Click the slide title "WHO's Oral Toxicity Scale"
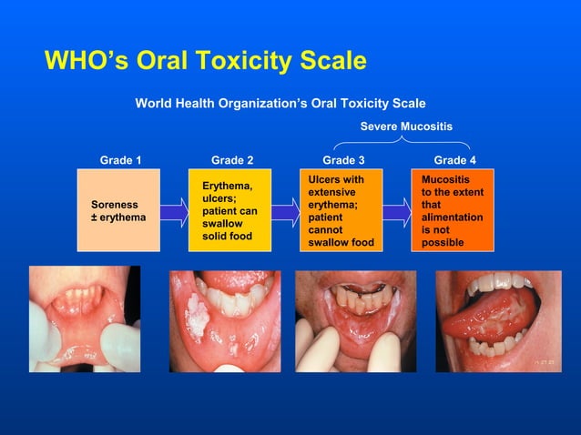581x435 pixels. [205, 62]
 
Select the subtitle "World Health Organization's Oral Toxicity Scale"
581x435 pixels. [280, 103]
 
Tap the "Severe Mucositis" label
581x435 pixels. [406, 126]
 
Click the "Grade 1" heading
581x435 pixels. [120, 160]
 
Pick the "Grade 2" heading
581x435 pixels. [232, 160]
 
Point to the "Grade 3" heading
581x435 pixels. [343, 160]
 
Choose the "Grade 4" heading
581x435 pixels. [454, 160]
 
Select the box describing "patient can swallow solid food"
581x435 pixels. [231, 211]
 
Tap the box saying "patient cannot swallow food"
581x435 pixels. [342, 211]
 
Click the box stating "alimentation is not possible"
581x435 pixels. [454, 211]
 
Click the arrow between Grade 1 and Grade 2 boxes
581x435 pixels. [175, 213]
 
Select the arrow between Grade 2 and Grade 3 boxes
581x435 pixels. [286, 213]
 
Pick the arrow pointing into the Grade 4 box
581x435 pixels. [397, 213]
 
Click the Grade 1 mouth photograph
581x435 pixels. [84, 319]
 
